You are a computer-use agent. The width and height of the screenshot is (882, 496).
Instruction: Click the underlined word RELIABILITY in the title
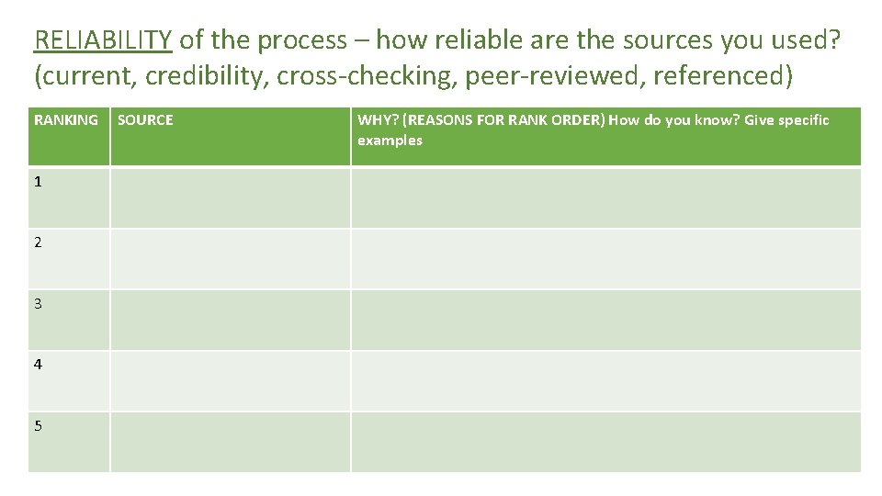click(102, 40)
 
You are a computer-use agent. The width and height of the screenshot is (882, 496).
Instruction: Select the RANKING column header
click(66, 120)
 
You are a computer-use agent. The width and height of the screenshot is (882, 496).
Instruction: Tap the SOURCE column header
click(145, 120)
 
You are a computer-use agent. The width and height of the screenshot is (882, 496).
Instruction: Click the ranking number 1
click(38, 182)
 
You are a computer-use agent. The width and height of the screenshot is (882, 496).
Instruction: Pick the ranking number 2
click(38, 242)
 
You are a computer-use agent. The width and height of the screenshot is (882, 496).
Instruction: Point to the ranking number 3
click(38, 303)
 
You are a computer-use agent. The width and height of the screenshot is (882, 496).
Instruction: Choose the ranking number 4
click(38, 365)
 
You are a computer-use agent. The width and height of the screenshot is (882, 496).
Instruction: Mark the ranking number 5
click(38, 425)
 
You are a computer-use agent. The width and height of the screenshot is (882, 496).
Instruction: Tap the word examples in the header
click(390, 141)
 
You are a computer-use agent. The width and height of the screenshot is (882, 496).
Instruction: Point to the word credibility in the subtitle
click(208, 76)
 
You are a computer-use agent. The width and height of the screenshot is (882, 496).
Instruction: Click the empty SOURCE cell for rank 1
click(230, 197)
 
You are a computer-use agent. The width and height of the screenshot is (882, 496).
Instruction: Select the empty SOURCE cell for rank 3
click(230, 319)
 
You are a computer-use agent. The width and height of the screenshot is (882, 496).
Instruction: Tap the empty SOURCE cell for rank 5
click(230, 441)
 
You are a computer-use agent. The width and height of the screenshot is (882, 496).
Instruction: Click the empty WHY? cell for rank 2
click(605, 258)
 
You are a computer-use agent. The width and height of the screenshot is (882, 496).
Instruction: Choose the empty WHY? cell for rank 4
click(605, 380)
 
